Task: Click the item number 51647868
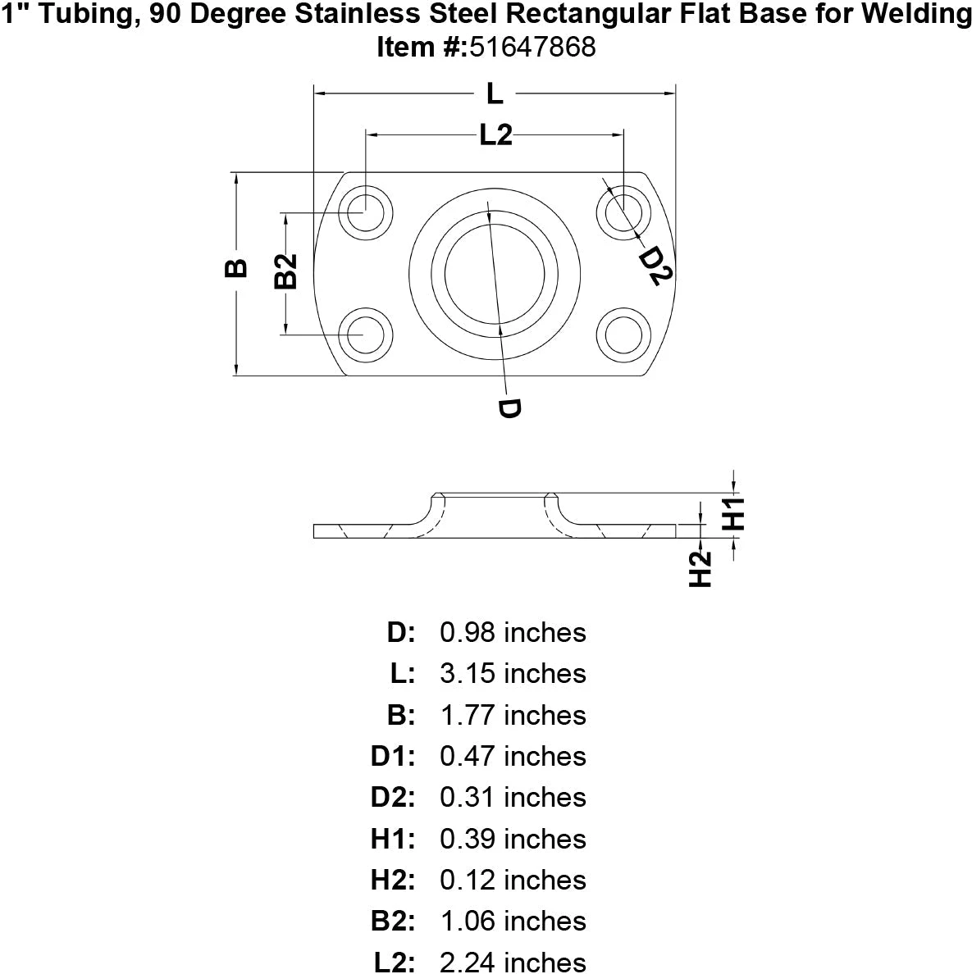(532, 48)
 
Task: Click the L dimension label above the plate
(494, 95)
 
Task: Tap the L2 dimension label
(495, 135)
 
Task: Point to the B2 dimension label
(285, 271)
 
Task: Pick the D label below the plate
(509, 408)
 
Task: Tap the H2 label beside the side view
(700, 569)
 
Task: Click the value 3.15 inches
(513, 674)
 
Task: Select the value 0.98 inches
(513, 633)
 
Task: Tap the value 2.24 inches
(513, 962)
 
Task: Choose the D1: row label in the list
(394, 757)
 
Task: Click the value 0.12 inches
(513, 880)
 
